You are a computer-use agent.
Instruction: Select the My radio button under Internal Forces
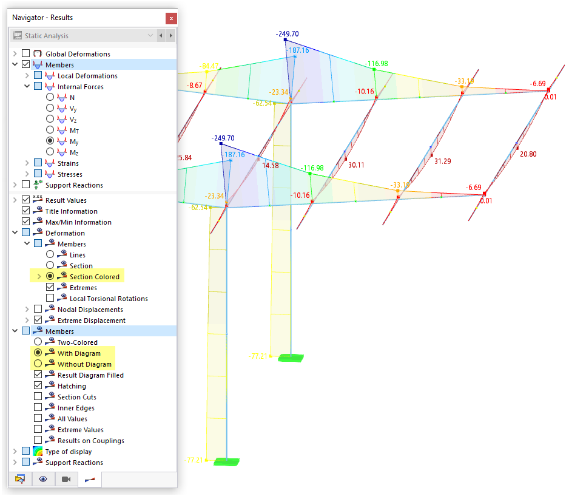(x=50, y=141)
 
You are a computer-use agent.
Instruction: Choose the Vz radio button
(x=50, y=120)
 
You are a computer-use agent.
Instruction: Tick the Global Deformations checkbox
(x=25, y=54)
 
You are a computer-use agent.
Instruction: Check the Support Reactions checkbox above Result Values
(x=25, y=185)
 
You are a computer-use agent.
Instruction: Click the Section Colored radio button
(x=50, y=277)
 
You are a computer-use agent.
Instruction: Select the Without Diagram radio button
(x=38, y=364)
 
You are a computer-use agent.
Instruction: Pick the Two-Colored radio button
(x=38, y=342)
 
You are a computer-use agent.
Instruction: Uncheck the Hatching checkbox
(x=38, y=386)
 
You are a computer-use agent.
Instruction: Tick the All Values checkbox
(x=38, y=419)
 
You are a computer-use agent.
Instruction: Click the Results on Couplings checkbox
(x=38, y=441)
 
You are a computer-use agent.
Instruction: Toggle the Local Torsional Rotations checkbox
(x=50, y=299)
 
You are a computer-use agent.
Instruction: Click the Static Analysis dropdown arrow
(x=150, y=36)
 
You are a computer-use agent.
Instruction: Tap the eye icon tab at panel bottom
(x=43, y=480)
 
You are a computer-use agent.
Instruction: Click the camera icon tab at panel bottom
(x=66, y=480)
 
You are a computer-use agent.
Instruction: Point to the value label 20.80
(x=528, y=154)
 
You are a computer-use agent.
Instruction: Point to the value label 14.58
(x=270, y=165)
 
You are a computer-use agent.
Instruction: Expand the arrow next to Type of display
(x=15, y=452)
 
